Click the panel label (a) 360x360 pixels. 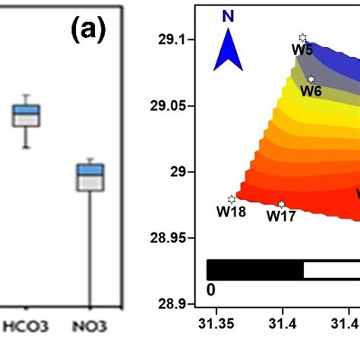pyautogui.click(x=88, y=32)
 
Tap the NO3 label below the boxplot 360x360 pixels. pyautogui.click(x=91, y=328)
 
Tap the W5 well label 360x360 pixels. pyautogui.click(x=302, y=50)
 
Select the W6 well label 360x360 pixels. pyautogui.click(x=311, y=91)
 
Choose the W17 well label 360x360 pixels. pyautogui.click(x=280, y=216)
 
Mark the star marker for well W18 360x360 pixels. pyautogui.click(x=232, y=200)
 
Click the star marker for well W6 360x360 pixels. pyautogui.click(x=311, y=80)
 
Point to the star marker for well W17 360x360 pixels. pyautogui.click(x=282, y=204)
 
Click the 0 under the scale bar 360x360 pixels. pyautogui.click(x=210, y=289)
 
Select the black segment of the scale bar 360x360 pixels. pyautogui.click(x=254, y=270)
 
